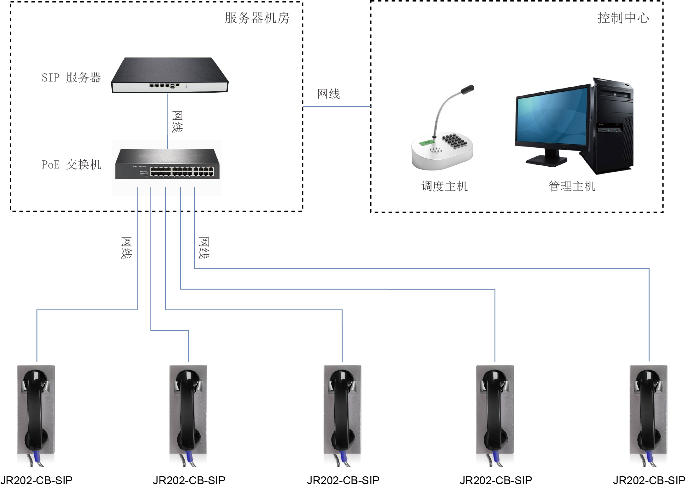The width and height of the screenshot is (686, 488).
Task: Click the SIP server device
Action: (170, 76)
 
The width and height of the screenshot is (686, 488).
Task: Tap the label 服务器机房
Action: (257, 18)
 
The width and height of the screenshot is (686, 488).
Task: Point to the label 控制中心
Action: (623, 18)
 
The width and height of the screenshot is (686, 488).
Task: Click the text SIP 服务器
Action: (71, 78)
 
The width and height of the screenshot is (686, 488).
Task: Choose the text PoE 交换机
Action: (71, 164)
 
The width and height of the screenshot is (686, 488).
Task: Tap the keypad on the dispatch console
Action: (455, 140)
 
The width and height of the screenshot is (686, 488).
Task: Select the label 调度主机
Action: (444, 186)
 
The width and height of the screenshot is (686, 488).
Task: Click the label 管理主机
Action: (572, 186)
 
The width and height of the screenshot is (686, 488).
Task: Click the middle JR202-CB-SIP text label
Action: (343, 480)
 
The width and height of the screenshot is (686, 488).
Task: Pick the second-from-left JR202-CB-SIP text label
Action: (189, 480)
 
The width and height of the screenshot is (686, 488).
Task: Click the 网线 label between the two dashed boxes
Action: (328, 94)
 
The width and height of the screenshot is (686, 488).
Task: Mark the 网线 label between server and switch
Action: (177, 122)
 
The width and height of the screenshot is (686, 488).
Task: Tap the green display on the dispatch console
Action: (427, 143)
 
